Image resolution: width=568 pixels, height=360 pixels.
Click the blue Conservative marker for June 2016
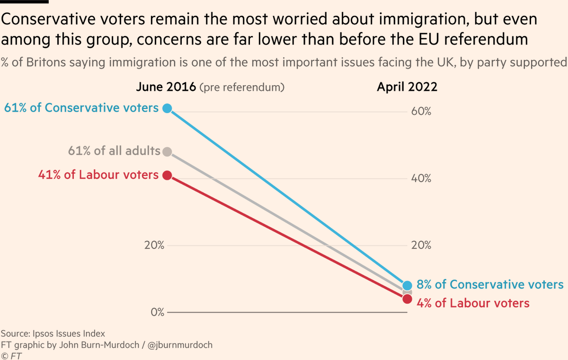click(x=167, y=108)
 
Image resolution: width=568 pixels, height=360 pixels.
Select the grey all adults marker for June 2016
click(x=167, y=151)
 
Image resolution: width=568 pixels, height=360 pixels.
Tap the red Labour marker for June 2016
click(x=167, y=175)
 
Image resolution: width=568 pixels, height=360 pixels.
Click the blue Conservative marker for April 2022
click(x=408, y=285)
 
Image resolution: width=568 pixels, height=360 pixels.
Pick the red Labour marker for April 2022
click(x=408, y=299)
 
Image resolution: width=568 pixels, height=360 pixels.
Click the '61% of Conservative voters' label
click(x=81, y=108)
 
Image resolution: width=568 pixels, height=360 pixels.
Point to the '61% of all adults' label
click(x=115, y=151)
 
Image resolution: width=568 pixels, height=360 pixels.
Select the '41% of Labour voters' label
click(x=98, y=175)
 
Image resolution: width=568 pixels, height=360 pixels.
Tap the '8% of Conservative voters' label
click(x=490, y=284)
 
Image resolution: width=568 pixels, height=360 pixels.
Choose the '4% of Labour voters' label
click(x=473, y=303)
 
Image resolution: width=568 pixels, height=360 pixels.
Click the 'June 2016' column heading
click(x=165, y=87)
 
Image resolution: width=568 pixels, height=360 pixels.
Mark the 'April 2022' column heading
click(x=407, y=87)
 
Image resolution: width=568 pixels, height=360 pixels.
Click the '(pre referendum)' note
click(x=242, y=88)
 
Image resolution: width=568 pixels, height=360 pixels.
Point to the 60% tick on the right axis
click(x=420, y=112)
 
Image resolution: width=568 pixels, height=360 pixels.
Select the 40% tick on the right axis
click(x=420, y=179)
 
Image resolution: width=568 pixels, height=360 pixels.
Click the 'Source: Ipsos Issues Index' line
click(x=53, y=333)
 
